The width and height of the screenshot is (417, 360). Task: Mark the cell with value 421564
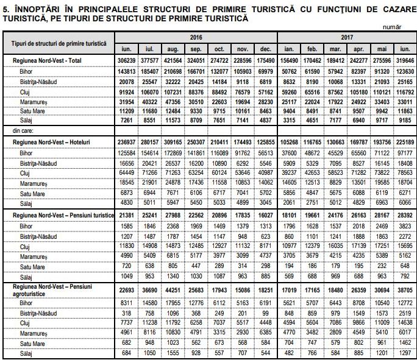click(173, 62)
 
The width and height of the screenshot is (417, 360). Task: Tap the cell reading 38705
click(404, 291)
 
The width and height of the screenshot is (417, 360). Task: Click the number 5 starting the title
click(5, 9)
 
